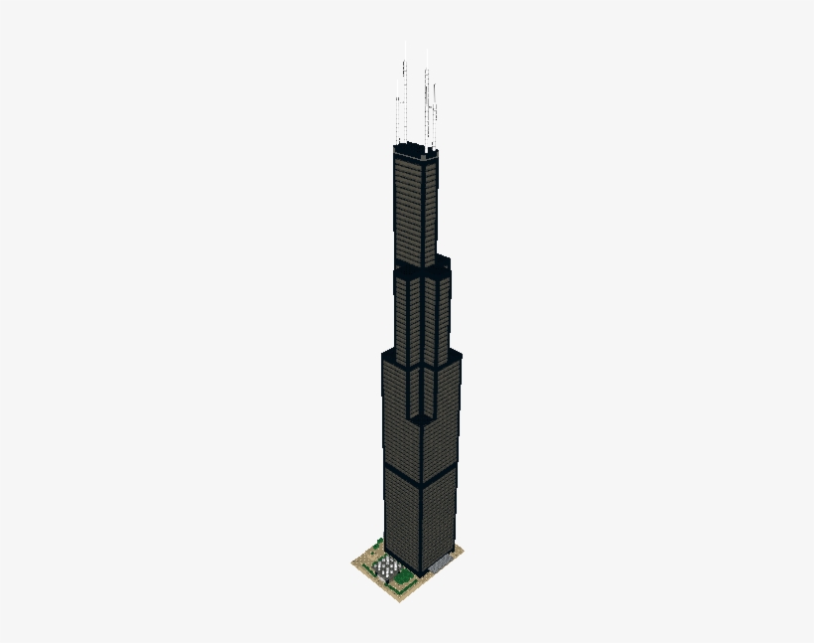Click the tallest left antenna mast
click(x=404, y=99)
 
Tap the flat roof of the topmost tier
click(x=415, y=151)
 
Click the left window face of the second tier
click(x=406, y=318)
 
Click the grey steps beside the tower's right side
click(x=441, y=564)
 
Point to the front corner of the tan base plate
click(x=406, y=596)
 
